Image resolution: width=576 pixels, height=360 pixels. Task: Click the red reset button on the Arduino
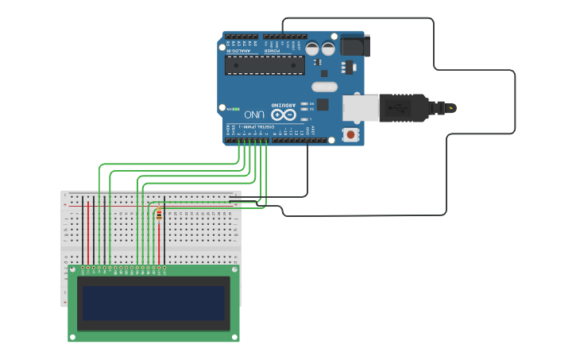coord(350,135)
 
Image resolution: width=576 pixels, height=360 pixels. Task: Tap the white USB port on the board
coord(361,109)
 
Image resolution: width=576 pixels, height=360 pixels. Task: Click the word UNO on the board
coord(254,114)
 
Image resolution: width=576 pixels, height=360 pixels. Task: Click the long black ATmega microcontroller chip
coord(265,64)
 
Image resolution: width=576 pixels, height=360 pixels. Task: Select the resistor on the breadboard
coord(159,215)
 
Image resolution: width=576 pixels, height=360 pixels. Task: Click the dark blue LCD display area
coord(153,303)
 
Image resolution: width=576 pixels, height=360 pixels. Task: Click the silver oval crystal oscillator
coord(324,86)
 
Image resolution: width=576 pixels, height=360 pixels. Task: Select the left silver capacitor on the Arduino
coord(312,48)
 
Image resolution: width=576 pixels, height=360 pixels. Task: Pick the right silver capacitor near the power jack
coord(328,48)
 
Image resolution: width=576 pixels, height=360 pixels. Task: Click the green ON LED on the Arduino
coord(236,108)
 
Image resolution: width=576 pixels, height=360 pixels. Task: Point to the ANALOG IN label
coord(239,50)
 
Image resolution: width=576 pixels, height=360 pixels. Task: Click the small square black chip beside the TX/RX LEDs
coord(323,104)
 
